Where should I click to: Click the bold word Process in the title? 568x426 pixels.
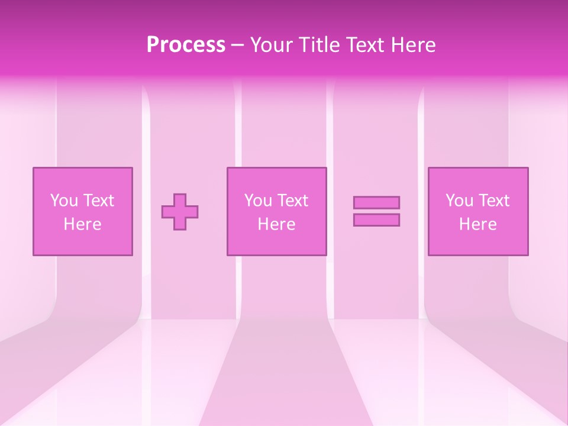(x=186, y=45)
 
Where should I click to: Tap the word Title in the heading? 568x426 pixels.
(x=320, y=45)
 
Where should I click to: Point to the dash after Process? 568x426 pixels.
(x=238, y=46)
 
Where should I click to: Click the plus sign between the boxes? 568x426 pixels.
(x=180, y=212)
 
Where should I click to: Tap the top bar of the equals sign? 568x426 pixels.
(x=376, y=202)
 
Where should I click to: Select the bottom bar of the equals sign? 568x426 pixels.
(x=376, y=220)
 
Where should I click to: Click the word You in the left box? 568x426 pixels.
(x=64, y=201)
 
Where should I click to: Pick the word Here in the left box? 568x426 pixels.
(x=82, y=224)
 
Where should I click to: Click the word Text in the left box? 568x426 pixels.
(x=98, y=201)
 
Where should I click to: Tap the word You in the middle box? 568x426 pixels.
(x=258, y=201)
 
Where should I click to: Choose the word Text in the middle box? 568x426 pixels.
(x=292, y=201)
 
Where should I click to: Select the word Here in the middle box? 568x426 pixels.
(x=276, y=224)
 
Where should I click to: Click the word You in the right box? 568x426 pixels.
(x=459, y=201)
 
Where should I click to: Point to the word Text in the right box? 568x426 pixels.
(x=493, y=201)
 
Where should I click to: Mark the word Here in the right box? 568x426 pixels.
(x=477, y=224)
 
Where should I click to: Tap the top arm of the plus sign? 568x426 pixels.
(x=180, y=199)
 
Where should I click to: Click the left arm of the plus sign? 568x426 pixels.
(x=167, y=212)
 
